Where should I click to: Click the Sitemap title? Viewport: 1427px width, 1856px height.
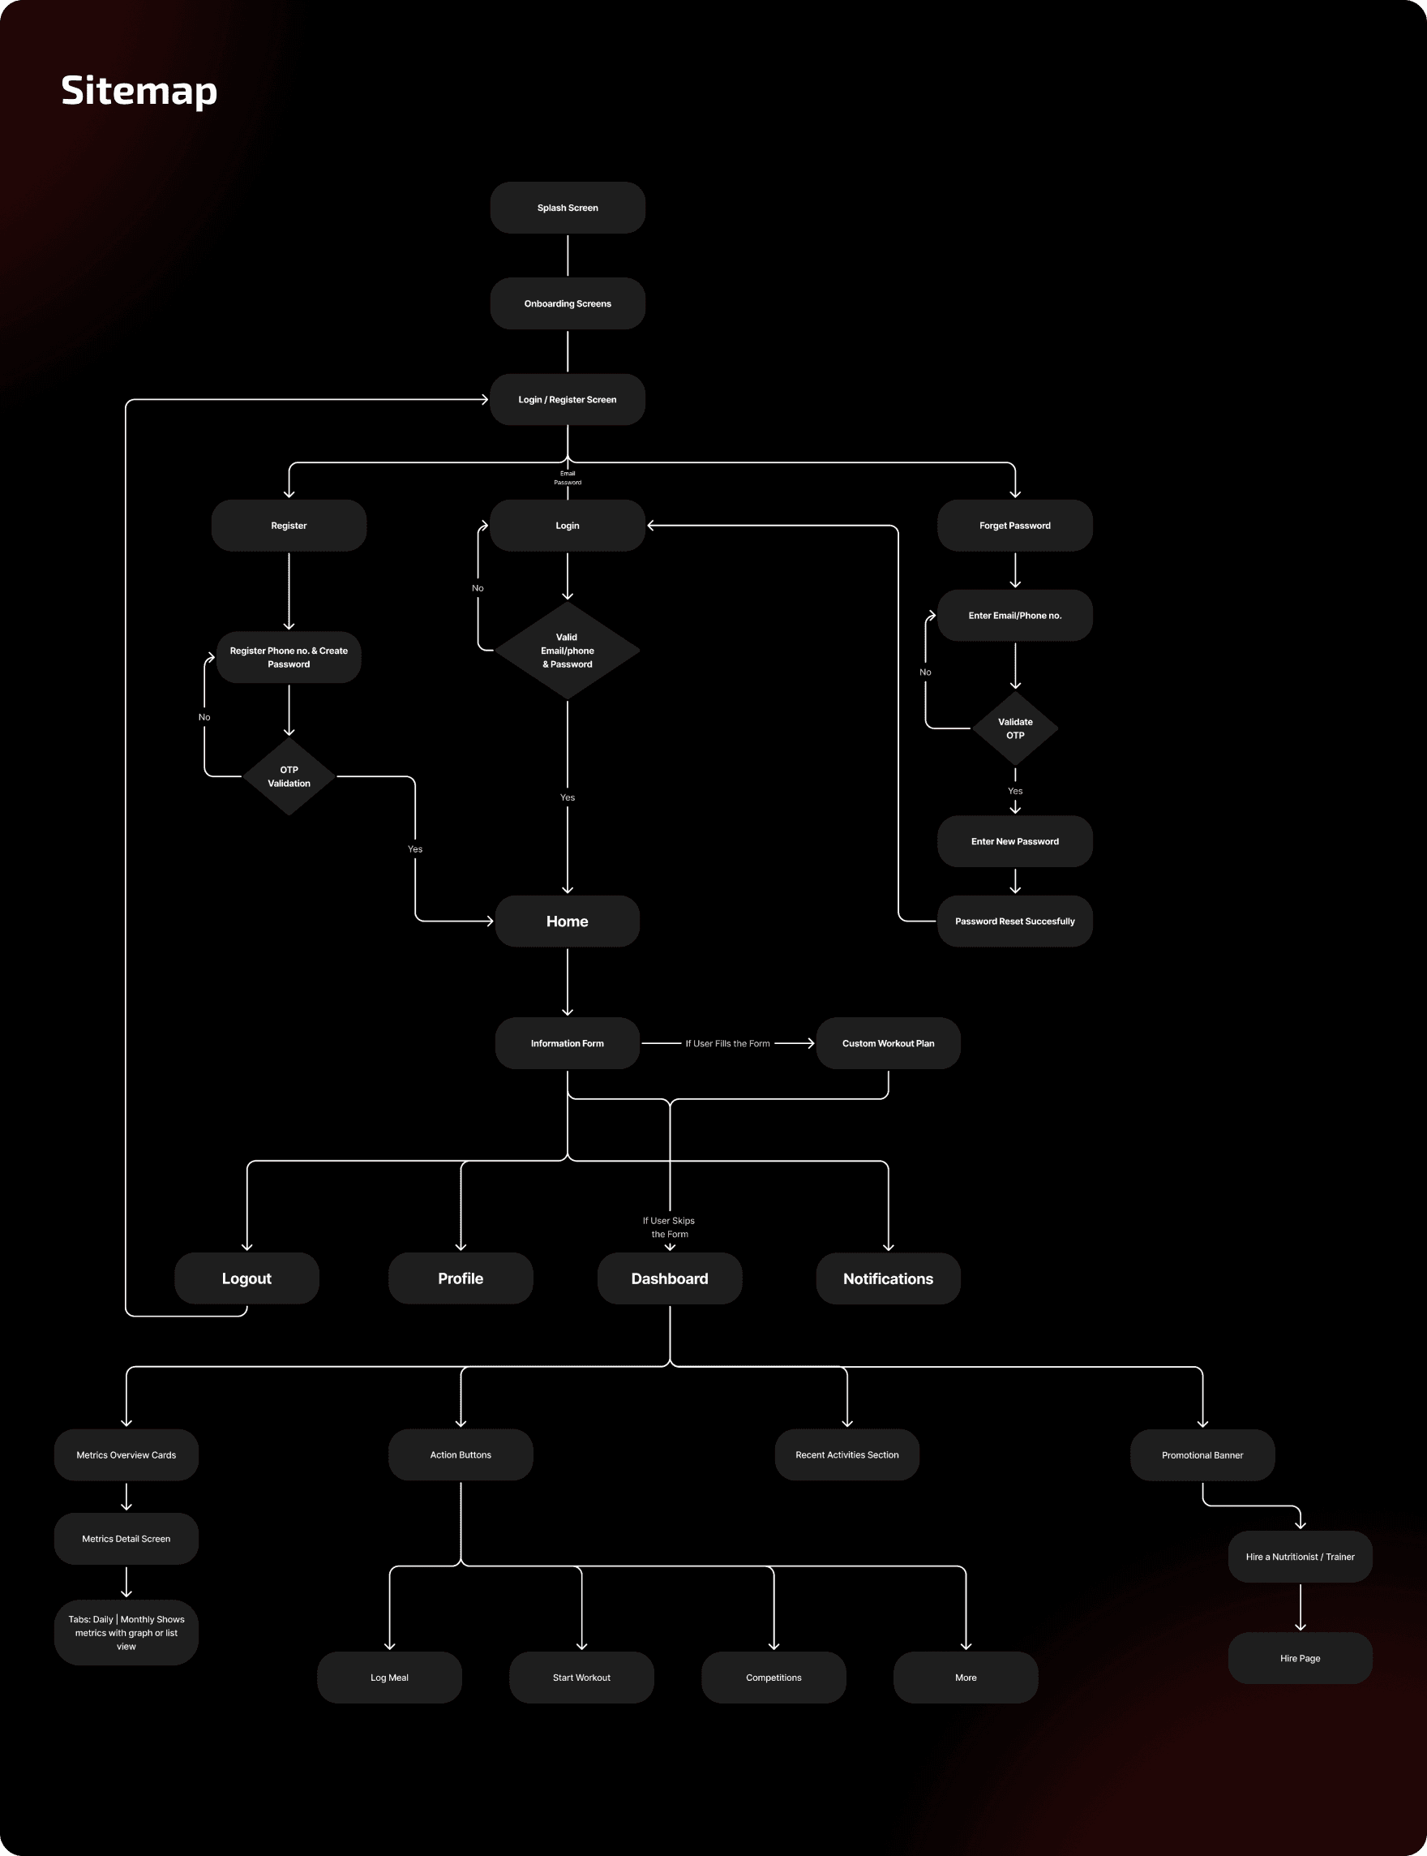[139, 90]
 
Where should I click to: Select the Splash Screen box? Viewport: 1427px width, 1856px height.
[568, 208]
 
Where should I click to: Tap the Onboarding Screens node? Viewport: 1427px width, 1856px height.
[568, 303]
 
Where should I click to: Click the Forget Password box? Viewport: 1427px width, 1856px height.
[1014, 525]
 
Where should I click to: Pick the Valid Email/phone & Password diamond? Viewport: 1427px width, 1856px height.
[568, 650]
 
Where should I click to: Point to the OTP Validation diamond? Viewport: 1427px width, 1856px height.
[289, 775]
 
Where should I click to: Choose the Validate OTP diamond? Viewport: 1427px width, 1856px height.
[1015, 728]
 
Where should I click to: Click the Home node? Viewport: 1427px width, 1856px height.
[568, 921]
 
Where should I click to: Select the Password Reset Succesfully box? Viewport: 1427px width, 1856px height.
[1014, 921]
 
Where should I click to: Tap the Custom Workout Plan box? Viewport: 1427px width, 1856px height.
[888, 1042]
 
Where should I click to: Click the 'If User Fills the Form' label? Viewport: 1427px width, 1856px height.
[727, 1043]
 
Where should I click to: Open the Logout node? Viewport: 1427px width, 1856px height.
[246, 1278]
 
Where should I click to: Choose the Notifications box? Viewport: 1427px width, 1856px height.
[888, 1278]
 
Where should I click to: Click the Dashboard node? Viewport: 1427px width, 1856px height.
[670, 1278]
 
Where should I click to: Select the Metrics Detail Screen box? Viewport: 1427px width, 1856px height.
[126, 1538]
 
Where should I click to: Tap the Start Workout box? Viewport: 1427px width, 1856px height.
[581, 1677]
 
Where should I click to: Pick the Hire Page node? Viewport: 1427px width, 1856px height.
[1300, 1657]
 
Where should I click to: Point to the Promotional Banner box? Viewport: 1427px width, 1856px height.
[1202, 1455]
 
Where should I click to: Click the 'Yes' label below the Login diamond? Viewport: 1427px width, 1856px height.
[568, 797]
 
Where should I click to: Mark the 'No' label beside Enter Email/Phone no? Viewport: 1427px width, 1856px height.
[925, 672]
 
